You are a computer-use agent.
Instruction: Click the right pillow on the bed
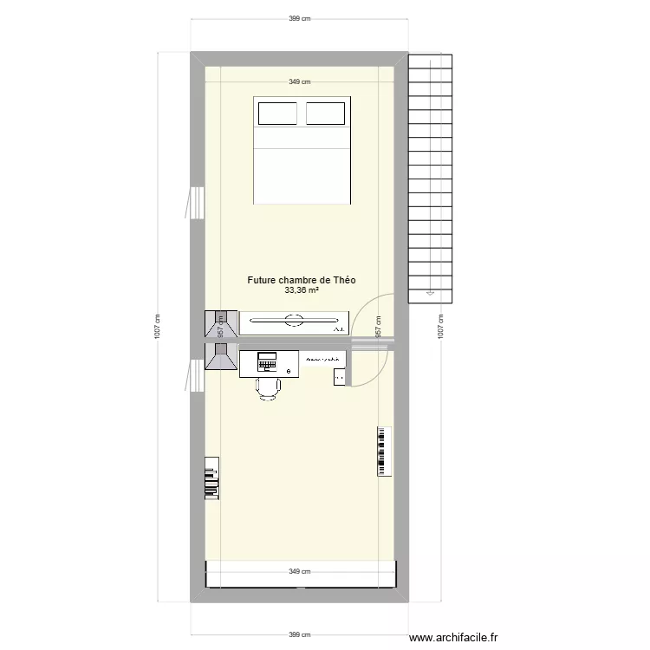point(326,114)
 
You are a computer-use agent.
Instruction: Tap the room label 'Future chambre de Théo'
point(301,280)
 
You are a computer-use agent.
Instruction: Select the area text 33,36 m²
point(301,291)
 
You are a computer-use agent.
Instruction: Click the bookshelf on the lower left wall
point(211,478)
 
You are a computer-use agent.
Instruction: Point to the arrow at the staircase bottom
point(427,294)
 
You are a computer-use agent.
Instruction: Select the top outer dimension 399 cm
point(301,17)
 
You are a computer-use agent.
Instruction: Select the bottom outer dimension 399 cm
point(301,634)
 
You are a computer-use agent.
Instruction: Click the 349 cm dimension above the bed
point(301,82)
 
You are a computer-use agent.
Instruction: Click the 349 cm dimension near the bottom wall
point(301,571)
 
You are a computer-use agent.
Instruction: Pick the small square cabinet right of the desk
point(339,376)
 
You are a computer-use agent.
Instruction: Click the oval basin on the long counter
point(293,322)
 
